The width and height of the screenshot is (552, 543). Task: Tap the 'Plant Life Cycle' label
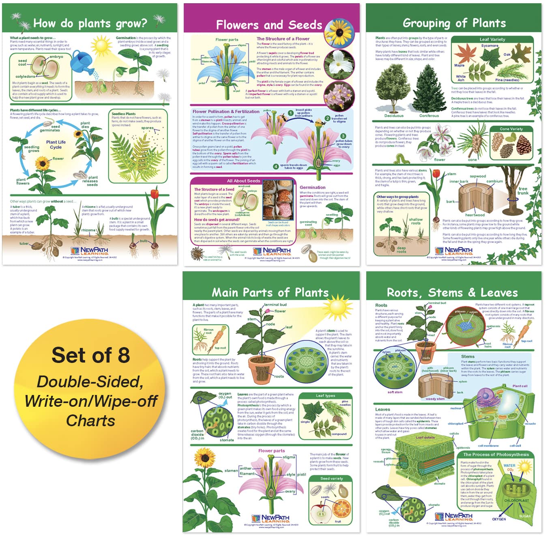[x=56, y=145]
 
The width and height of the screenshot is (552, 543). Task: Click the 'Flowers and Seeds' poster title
[x=269, y=25]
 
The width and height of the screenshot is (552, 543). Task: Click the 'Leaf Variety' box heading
[x=492, y=39]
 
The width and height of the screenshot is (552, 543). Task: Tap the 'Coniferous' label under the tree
[x=429, y=116]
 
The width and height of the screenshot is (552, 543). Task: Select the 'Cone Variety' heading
[x=511, y=129]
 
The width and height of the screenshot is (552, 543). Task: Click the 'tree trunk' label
[x=523, y=191]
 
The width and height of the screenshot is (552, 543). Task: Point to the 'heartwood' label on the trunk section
[x=475, y=215]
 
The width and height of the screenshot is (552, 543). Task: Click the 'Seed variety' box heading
[x=331, y=479]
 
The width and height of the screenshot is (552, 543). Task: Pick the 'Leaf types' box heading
[x=325, y=395]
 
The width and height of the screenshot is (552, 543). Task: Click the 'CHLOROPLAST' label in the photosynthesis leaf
[x=516, y=500]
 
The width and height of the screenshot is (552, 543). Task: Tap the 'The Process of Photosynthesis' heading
[x=496, y=455]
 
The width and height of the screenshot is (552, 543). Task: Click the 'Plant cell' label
[x=520, y=386]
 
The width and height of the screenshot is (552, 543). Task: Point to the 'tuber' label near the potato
[x=24, y=244]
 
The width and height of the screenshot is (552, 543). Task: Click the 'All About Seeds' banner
[x=243, y=181]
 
